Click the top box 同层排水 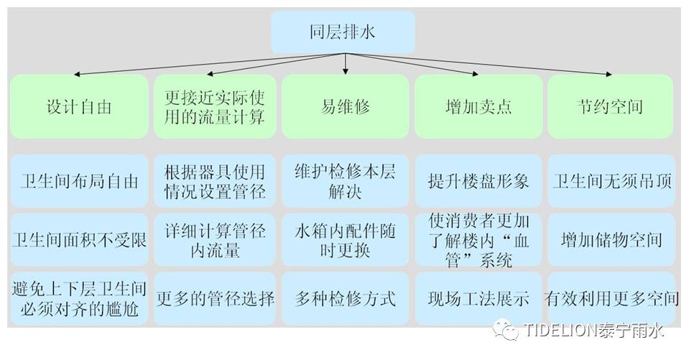click(343, 31)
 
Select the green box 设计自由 click(79, 107)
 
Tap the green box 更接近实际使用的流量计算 click(214, 107)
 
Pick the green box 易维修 click(345, 107)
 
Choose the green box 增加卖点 click(478, 107)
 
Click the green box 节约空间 click(610, 107)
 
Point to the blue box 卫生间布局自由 click(79, 181)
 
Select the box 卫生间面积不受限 click(79, 239)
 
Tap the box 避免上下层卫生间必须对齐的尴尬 click(79, 298)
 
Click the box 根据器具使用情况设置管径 click(214, 181)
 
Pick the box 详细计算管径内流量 click(214, 239)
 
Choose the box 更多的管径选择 click(214, 298)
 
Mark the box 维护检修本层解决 click(345, 181)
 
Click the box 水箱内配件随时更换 click(345, 239)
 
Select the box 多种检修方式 click(345, 298)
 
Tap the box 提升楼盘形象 click(478, 181)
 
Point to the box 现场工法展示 click(478, 298)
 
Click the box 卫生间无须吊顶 click(611, 181)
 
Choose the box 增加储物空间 click(611, 239)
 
